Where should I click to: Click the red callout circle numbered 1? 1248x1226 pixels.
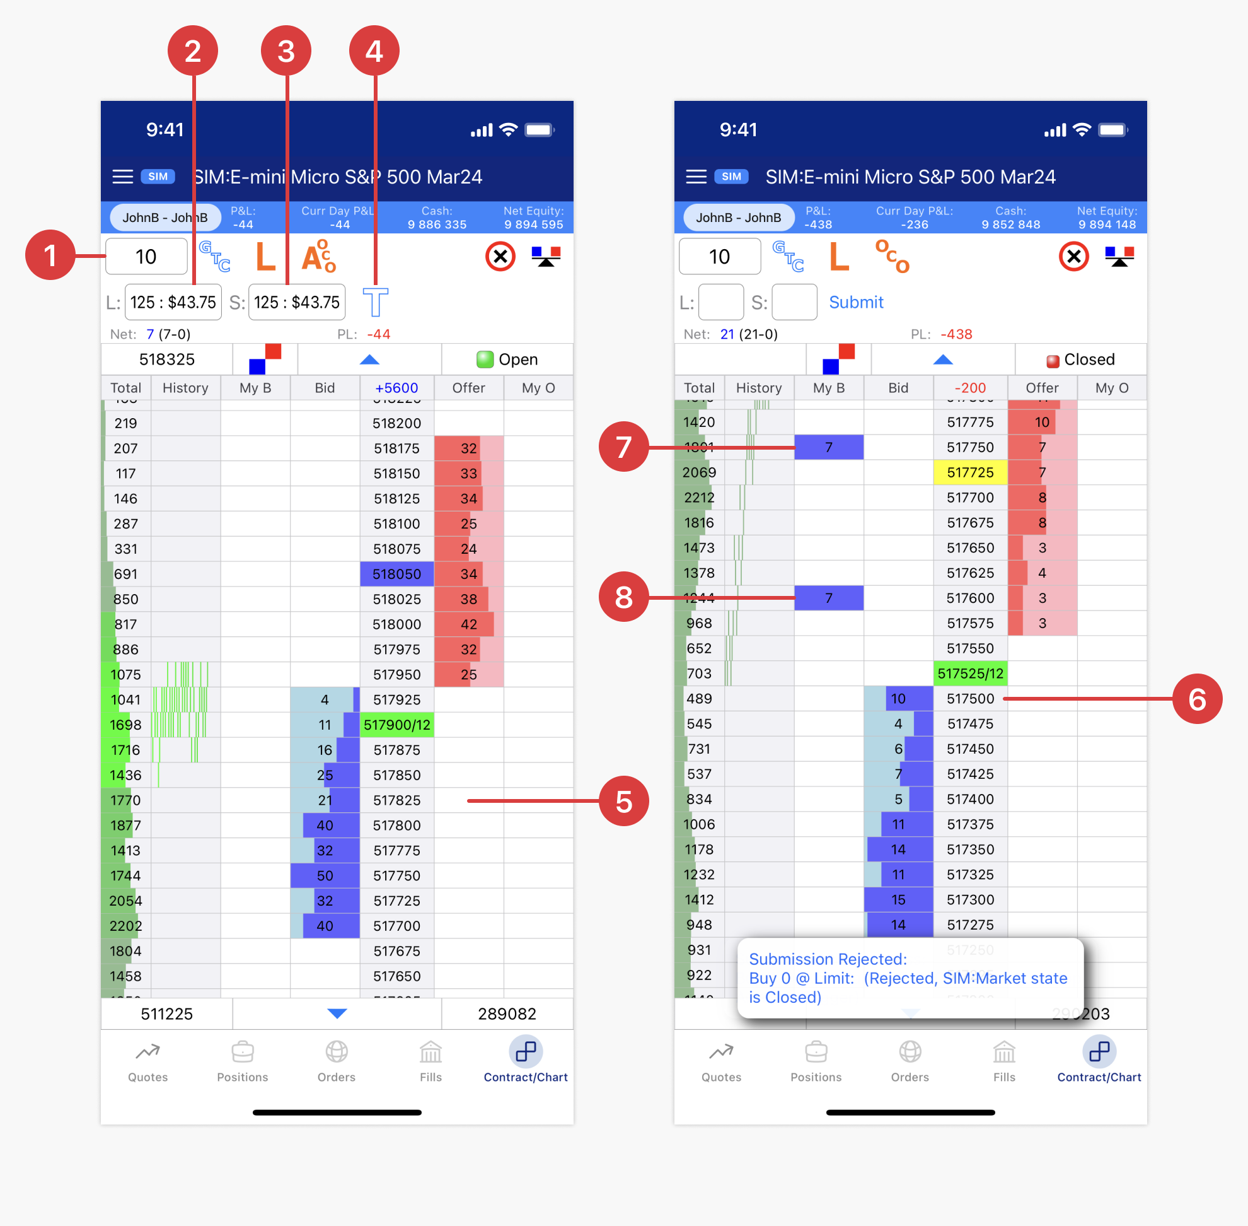pos(50,255)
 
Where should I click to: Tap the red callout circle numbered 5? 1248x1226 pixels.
pos(623,800)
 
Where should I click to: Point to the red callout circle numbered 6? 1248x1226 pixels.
pos(1196,699)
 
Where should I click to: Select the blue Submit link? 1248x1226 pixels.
pos(855,302)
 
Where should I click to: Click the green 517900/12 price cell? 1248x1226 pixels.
pos(396,725)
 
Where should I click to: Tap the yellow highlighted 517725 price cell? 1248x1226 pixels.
pos(970,472)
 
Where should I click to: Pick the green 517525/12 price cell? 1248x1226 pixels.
pos(970,674)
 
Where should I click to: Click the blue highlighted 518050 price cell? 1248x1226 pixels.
pos(396,574)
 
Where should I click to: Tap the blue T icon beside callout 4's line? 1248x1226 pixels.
pos(375,302)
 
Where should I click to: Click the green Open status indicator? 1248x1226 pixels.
pos(507,359)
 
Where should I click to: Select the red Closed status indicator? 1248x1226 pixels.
pos(1081,359)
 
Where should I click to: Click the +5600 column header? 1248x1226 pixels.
pos(396,388)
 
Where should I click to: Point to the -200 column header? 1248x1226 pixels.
pos(970,388)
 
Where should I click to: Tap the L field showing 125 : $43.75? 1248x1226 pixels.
pos(173,302)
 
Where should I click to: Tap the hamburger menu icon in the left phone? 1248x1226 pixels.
pos(122,177)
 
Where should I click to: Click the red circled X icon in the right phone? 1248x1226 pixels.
pos(1073,256)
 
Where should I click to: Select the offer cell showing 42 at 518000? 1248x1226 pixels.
pos(468,624)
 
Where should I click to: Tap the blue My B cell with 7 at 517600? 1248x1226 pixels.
pos(828,598)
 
